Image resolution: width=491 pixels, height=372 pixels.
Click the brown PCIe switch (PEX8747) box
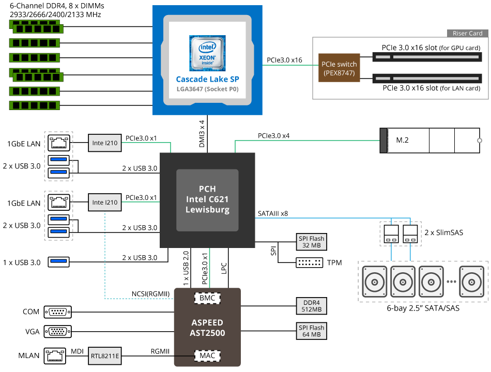click(x=339, y=69)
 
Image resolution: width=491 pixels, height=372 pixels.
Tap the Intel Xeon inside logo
click(x=207, y=53)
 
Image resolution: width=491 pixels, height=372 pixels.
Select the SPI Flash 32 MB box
click(x=311, y=242)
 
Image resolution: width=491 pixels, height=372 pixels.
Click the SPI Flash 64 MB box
click(x=311, y=331)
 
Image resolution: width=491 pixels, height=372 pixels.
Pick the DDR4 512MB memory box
click(x=311, y=306)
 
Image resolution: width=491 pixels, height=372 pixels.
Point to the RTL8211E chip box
click(x=105, y=356)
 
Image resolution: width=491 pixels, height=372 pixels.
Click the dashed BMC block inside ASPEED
click(x=207, y=298)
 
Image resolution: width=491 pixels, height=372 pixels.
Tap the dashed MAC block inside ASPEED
click(x=207, y=356)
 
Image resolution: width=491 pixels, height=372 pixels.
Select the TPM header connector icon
click(x=310, y=262)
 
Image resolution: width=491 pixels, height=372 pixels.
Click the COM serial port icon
click(x=58, y=312)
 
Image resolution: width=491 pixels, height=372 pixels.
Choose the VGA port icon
click(x=58, y=331)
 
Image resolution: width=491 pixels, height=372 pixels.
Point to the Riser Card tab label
click(x=467, y=34)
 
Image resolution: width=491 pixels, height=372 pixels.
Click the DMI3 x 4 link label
click(x=202, y=134)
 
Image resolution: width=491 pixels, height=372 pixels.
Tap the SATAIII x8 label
click(x=273, y=213)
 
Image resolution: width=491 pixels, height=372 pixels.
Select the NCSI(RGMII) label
click(x=151, y=294)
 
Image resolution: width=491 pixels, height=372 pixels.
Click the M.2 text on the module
click(x=403, y=141)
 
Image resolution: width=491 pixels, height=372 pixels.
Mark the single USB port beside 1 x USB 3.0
click(x=58, y=262)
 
